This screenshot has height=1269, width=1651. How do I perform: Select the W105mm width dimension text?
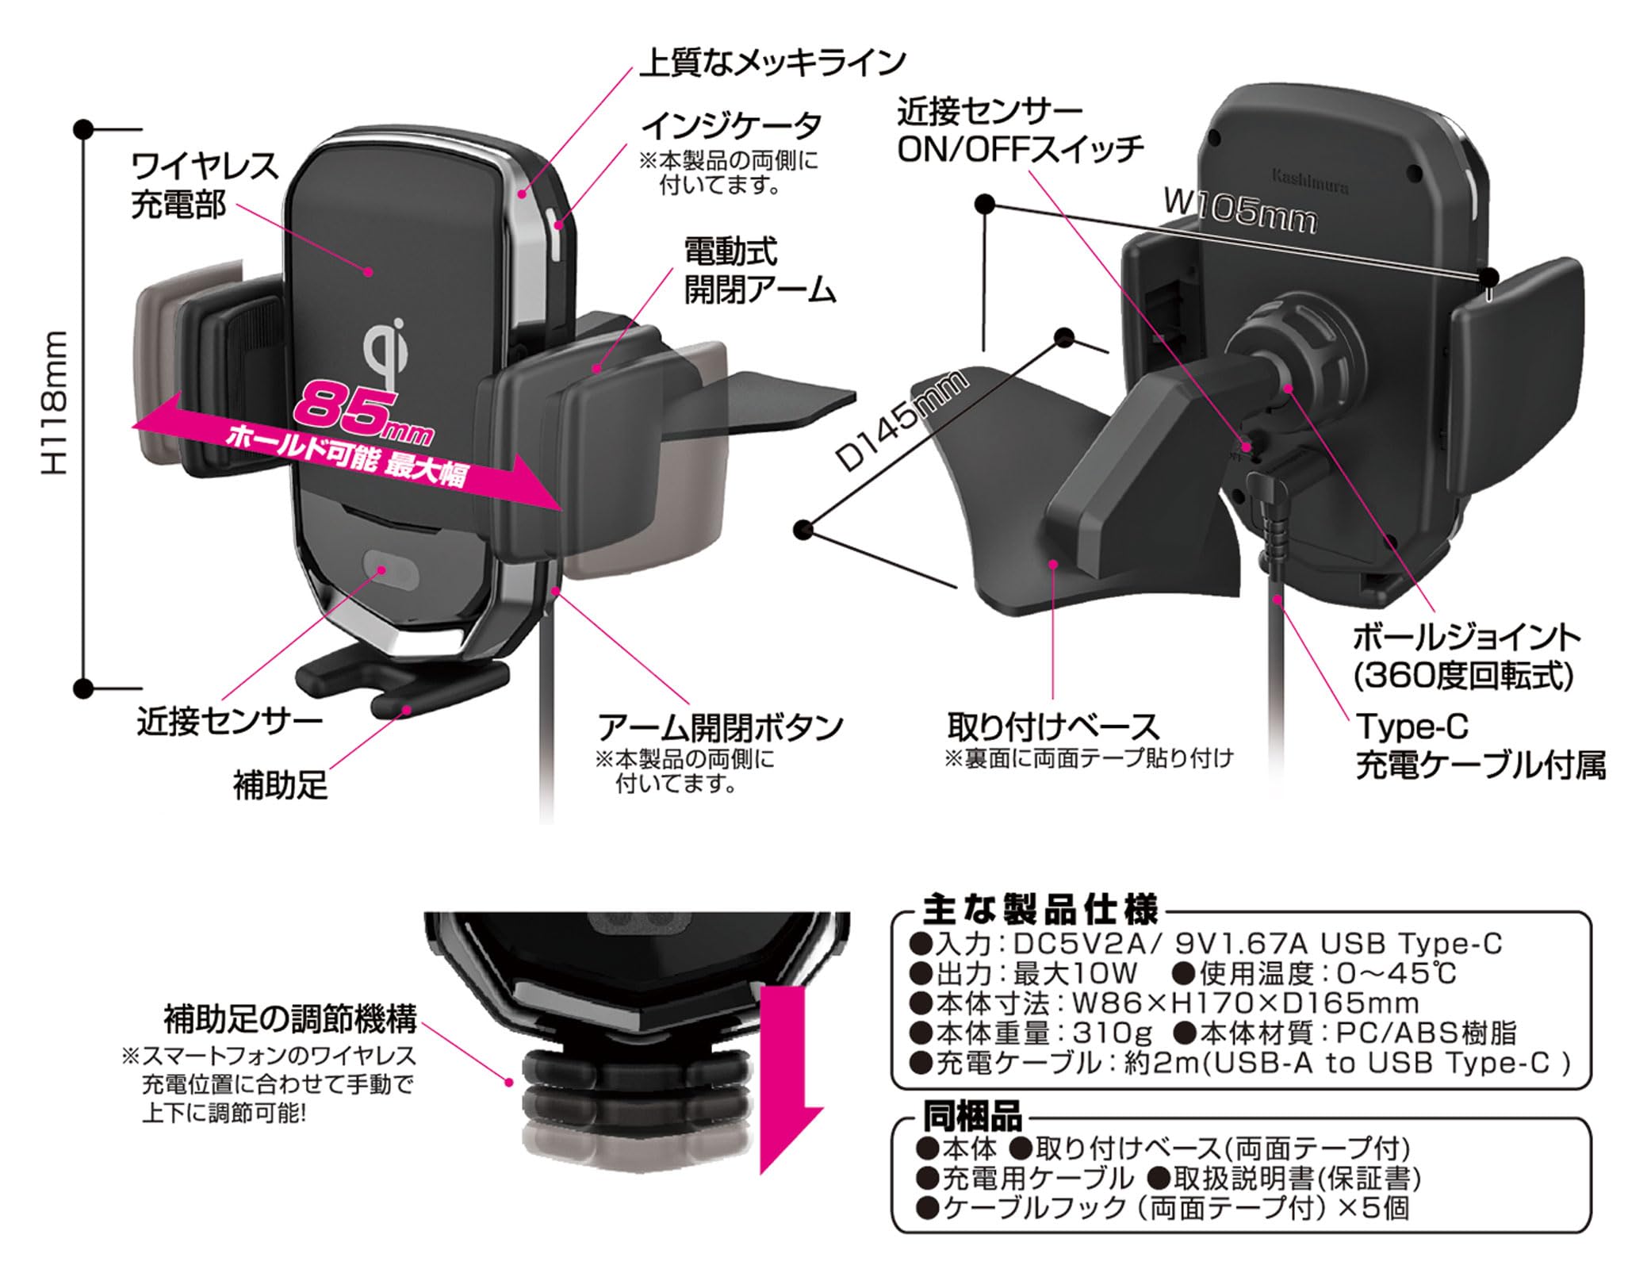click(1239, 212)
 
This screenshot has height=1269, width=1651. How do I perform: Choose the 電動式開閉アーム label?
click(759, 272)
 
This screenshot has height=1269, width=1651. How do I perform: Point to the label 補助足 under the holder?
click(280, 786)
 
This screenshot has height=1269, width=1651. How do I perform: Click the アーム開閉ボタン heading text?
click(720, 727)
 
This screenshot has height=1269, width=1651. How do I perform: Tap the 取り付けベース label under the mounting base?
click(1052, 727)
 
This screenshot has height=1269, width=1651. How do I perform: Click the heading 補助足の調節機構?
click(289, 1020)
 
